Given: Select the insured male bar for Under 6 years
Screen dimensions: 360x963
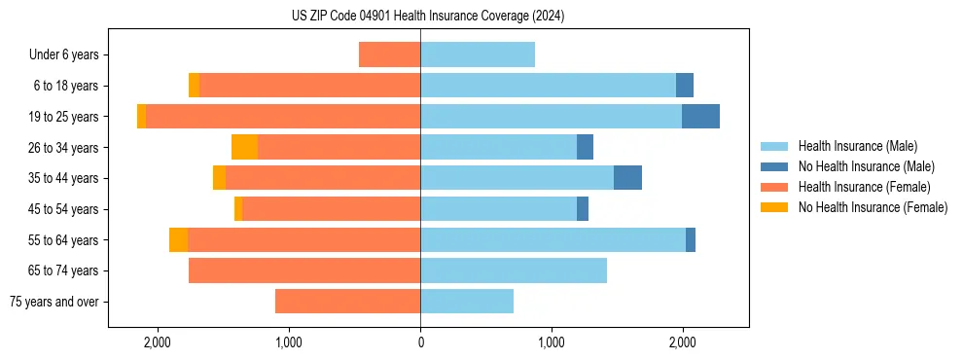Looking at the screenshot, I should tap(478, 54).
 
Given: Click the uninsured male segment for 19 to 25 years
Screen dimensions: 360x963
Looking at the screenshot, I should tap(700, 116).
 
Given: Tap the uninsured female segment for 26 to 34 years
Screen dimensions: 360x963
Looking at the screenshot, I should tap(244, 147).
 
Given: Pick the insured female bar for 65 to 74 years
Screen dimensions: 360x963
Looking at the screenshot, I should tap(304, 270).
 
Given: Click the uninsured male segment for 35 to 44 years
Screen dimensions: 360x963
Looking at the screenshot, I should tap(627, 178).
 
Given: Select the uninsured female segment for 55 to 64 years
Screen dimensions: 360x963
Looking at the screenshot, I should tap(178, 239).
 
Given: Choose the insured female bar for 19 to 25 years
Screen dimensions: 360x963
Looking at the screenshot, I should tap(283, 116).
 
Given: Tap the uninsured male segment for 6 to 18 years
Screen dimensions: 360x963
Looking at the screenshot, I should tap(685, 86).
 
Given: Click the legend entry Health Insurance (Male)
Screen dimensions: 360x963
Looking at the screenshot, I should tap(857, 146).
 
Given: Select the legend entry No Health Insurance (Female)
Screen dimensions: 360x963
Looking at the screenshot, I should tap(873, 207).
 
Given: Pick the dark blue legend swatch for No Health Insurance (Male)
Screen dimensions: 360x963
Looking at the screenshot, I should tap(774, 166).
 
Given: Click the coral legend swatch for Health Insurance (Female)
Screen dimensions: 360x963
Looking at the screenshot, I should tap(774, 187).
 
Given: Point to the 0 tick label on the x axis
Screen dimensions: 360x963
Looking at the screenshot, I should tap(420, 342).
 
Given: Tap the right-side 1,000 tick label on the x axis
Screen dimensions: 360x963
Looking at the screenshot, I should tap(552, 342).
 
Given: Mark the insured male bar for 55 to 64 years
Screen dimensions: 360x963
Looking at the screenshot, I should tap(553, 239).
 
